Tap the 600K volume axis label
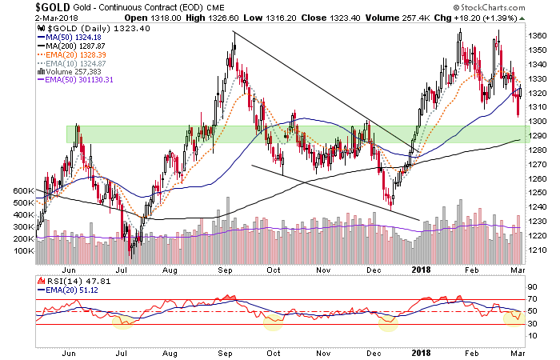click(x=22, y=192)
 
